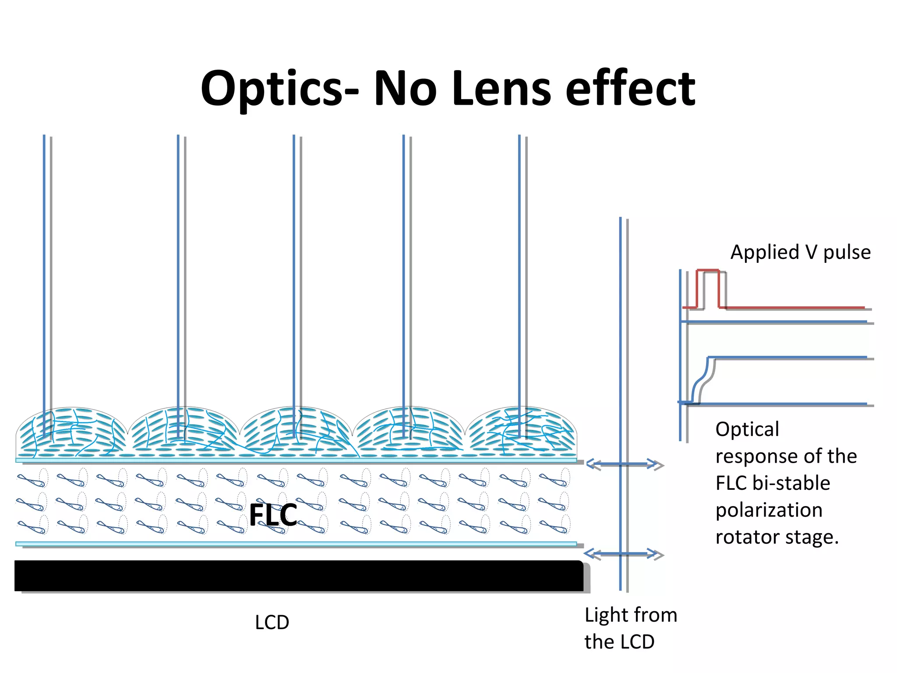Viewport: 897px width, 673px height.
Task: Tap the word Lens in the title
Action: click(x=501, y=89)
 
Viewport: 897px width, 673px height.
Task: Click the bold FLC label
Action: click(x=273, y=515)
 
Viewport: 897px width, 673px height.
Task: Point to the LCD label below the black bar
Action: click(x=272, y=623)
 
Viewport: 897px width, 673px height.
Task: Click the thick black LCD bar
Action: click(x=298, y=576)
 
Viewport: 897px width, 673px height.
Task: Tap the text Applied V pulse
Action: click(x=800, y=252)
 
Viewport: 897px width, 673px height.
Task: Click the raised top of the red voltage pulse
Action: click(x=708, y=271)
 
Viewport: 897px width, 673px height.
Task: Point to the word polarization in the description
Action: click(x=769, y=510)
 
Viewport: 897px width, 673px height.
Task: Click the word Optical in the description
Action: click(x=747, y=429)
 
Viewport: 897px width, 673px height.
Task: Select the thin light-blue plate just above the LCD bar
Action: click(x=296, y=544)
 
